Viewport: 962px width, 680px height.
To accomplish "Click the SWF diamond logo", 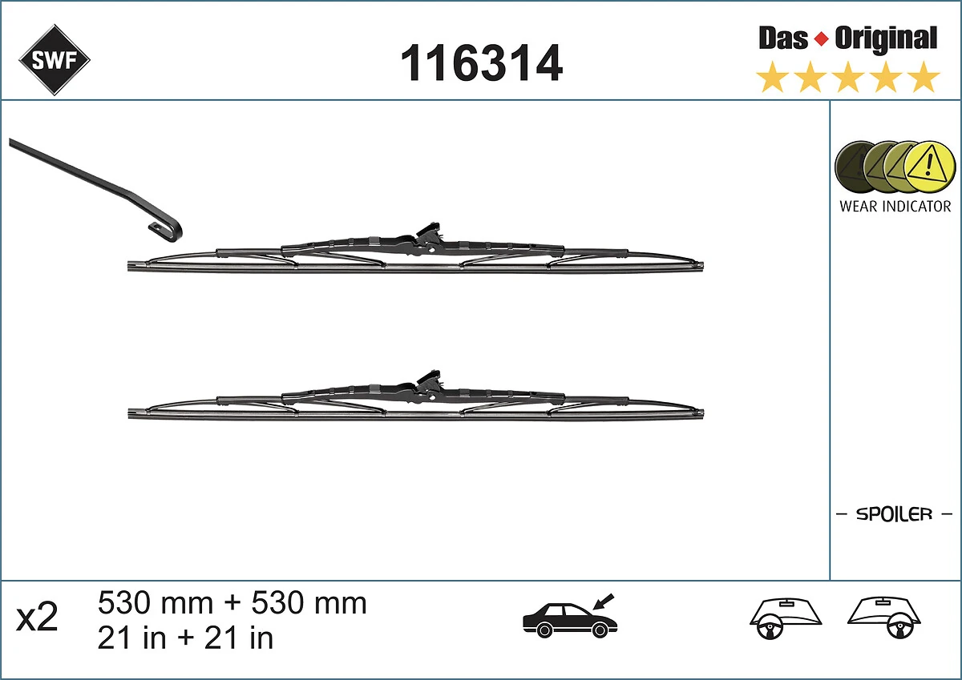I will [55, 60].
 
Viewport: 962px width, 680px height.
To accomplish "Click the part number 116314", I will [481, 63].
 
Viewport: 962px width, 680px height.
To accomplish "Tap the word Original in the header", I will [885, 38].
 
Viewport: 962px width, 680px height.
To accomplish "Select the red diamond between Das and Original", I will [820, 38].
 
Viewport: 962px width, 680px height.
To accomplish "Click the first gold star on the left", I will [772, 78].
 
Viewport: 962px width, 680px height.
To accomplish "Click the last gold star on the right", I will [924, 78].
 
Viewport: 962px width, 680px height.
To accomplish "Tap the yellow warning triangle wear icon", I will [930, 167].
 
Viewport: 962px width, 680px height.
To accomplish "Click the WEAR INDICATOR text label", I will [895, 206].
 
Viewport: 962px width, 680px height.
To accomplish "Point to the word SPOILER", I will [894, 514].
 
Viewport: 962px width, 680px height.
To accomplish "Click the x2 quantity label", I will [38, 618].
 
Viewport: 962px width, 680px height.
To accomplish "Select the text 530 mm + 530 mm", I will [232, 603].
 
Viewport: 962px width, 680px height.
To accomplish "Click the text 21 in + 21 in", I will [185, 638].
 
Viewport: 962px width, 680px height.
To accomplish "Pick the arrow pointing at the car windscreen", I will [603, 601].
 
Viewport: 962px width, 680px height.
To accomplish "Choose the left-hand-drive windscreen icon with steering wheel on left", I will [786, 618].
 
